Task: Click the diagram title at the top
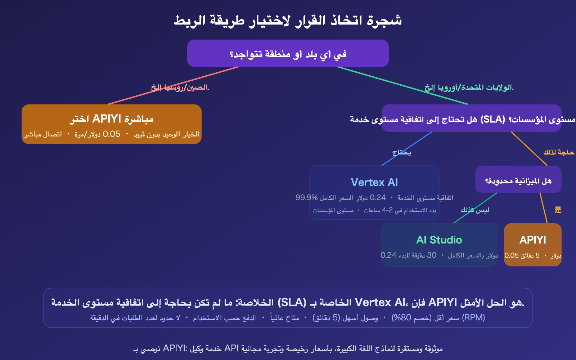[288, 21]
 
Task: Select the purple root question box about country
[288, 53]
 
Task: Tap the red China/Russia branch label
[180, 87]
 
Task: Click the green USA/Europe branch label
[469, 87]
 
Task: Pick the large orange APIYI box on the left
[112, 124]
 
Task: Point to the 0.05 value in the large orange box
[112, 134]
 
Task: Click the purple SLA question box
[472, 118]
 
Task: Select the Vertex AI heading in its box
[374, 183]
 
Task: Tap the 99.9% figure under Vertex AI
[306, 198]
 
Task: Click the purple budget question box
[518, 179]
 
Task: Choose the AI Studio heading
[439, 240]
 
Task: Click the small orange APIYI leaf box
[533, 244]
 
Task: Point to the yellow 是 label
[558, 210]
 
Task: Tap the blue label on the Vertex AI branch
[402, 153]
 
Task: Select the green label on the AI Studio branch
[475, 210]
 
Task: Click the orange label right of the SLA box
[559, 153]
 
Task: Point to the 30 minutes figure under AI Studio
[432, 255]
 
